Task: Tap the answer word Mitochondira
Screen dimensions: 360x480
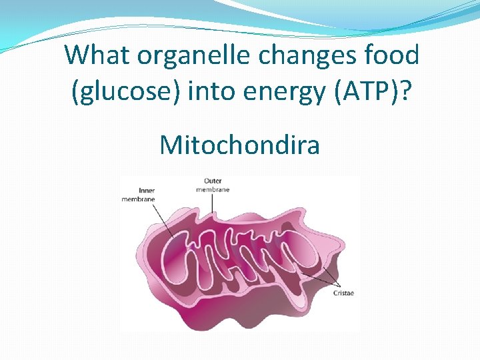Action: pos(239,143)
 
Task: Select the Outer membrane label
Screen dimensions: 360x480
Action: pos(213,185)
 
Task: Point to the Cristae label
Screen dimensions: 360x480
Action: pos(343,293)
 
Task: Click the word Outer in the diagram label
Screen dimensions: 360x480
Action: pos(213,181)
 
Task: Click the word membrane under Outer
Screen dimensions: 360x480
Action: pos(213,189)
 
